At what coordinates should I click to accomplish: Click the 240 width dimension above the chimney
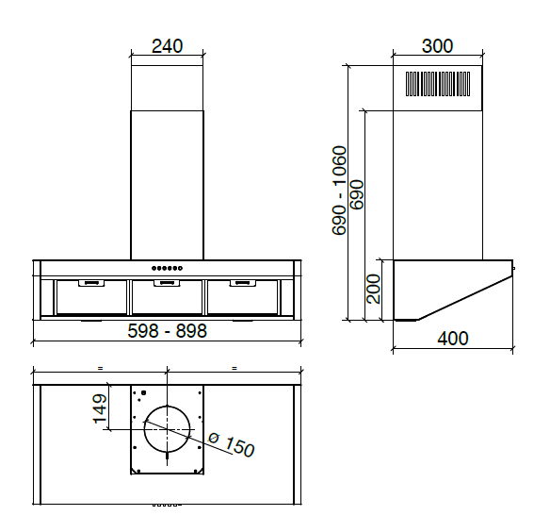(166, 46)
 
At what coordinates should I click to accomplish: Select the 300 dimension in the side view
(437, 46)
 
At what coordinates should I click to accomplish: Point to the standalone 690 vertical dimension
(357, 193)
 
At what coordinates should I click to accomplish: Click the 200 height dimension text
(374, 289)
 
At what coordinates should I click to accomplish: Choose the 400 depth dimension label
(452, 339)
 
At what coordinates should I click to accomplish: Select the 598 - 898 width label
(167, 331)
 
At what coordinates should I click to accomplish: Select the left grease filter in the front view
(91, 297)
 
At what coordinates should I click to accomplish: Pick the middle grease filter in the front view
(167, 297)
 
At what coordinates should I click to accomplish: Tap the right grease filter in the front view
(242, 297)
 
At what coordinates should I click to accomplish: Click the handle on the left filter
(91, 282)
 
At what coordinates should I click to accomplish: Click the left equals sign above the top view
(99, 367)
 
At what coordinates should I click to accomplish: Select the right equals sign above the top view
(234, 367)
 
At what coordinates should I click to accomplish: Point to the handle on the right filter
(242, 282)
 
